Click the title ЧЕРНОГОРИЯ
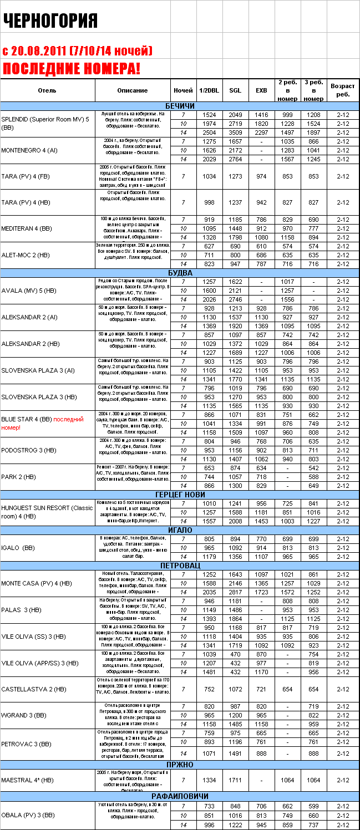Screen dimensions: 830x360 coord(50,21)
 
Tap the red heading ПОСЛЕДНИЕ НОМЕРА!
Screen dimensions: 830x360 coord(72,69)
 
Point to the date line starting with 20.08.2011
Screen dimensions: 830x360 coord(77,51)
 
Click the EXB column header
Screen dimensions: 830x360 coord(261,90)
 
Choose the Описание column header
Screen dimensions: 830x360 coord(133,90)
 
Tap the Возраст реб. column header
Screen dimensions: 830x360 coord(343,90)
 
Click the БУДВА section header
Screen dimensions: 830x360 coord(180,273)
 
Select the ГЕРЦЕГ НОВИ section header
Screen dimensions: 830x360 coord(180,495)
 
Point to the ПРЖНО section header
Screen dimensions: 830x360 coord(180,765)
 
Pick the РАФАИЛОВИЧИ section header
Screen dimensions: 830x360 coord(180,796)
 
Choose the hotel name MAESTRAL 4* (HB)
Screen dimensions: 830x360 coord(28,780)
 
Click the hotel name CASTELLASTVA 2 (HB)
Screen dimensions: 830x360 coord(34,689)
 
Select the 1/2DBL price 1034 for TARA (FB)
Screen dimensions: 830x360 coord(209,176)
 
